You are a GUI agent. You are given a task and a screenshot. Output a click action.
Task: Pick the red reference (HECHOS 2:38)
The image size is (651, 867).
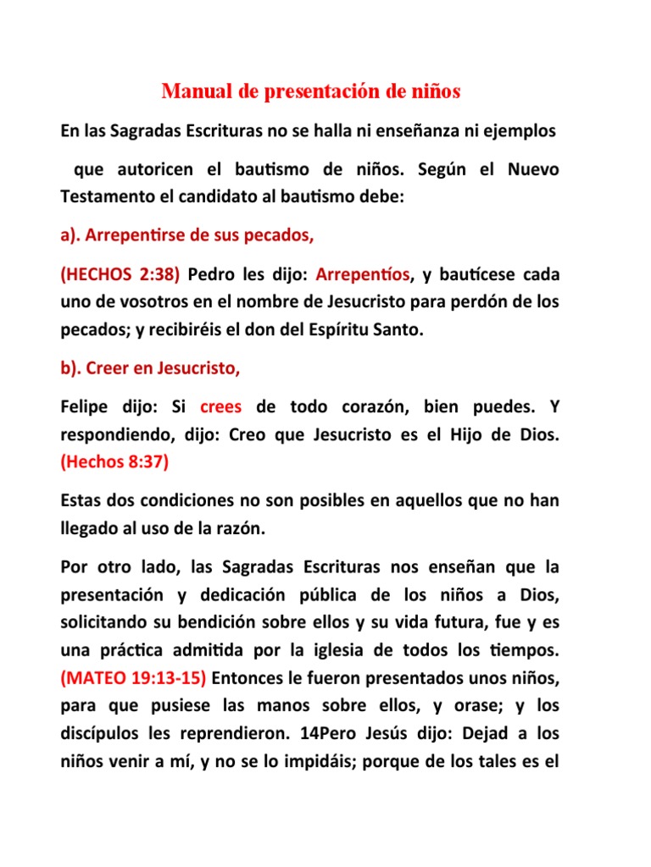click(x=119, y=275)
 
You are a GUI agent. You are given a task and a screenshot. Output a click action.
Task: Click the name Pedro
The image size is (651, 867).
click(x=211, y=275)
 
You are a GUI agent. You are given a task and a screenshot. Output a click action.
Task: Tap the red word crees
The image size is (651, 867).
click(x=221, y=407)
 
